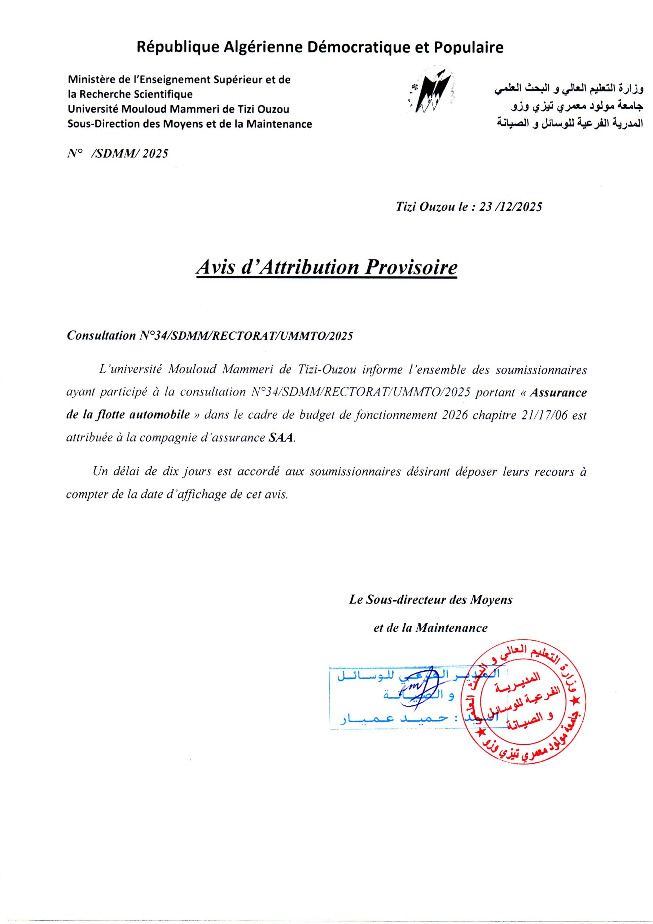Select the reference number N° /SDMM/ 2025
click(x=118, y=153)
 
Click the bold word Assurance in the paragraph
click(x=558, y=392)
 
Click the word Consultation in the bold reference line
click(x=101, y=336)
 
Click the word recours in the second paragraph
click(x=554, y=472)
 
